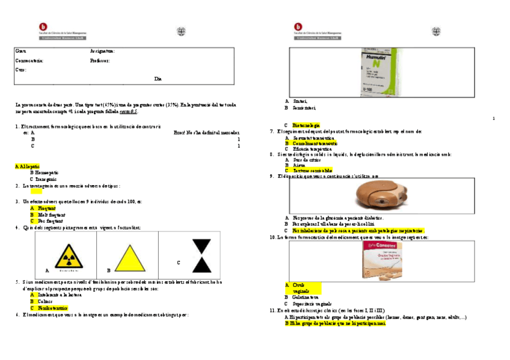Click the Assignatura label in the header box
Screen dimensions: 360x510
click(x=102, y=51)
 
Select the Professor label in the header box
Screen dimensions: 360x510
click(x=100, y=61)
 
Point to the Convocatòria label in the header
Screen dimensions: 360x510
click(x=29, y=61)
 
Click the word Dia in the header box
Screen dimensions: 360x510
click(x=158, y=79)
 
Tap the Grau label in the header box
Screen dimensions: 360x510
click(x=20, y=51)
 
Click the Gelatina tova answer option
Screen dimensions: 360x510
click(x=306, y=297)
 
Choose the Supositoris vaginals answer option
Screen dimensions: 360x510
click(x=312, y=304)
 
